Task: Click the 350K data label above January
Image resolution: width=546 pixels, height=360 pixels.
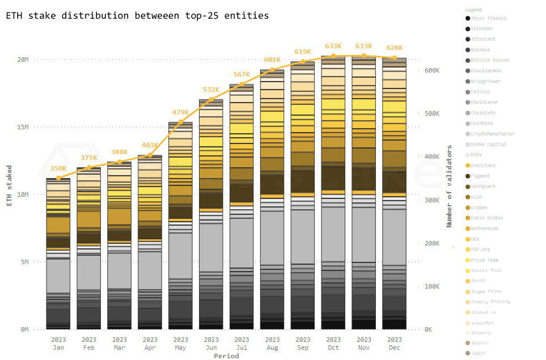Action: [58, 168]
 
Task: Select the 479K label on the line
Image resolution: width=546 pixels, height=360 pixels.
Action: [180, 112]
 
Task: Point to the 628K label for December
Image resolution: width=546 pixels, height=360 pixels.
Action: [394, 48]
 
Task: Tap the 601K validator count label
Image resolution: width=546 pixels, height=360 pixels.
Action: [272, 60]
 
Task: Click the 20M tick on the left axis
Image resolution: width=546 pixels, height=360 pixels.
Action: [23, 60]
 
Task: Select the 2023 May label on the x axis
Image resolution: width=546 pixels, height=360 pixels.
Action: [180, 344]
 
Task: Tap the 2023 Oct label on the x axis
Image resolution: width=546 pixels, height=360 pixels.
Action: [333, 344]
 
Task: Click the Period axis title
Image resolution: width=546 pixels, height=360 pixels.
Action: [226, 356]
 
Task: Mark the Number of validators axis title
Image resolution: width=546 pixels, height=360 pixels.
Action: [450, 186]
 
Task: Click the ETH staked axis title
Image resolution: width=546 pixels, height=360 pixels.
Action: [9, 185]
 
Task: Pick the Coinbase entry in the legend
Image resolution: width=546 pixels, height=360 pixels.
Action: [481, 124]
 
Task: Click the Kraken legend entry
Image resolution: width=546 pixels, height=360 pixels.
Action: [479, 207]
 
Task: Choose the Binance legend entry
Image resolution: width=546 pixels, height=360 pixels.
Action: [480, 50]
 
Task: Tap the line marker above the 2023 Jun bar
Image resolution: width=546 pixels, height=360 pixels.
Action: [211, 100]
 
